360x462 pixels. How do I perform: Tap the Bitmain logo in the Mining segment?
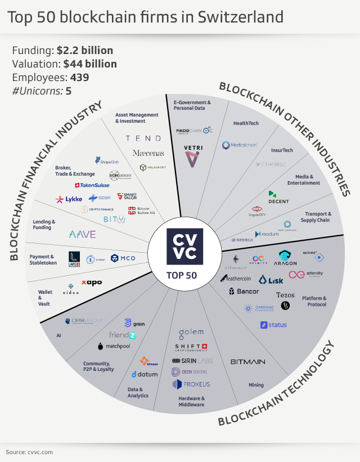click(247, 361)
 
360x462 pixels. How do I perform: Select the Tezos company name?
click(285, 295)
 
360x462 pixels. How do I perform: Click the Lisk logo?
click(271, 280)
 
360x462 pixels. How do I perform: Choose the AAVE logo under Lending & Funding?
click(82, 234)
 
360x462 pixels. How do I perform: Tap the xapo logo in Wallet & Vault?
click(91, 282)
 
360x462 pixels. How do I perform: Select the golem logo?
click(191, 333)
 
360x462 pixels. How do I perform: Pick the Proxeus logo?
click(191, 384)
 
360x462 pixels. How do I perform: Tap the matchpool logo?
click(114, 346)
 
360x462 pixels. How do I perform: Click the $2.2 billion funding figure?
click(84, 50)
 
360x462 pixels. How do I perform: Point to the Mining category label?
click(256, 385)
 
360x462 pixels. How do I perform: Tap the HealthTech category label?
click(246, 123)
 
